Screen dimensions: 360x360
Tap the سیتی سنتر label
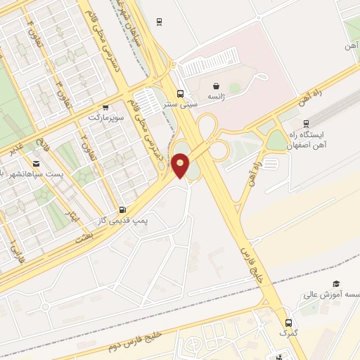tap(181, 105)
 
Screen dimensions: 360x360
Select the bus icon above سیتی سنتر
tap(181, 94)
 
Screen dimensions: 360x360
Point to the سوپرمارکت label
tap(106, 118)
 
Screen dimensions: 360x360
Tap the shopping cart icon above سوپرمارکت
tap(105, 108)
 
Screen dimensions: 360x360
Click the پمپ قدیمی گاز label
tap(124, 220)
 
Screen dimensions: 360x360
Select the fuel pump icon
tap(124, 210)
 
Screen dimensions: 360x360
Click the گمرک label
tap(286, 332)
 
